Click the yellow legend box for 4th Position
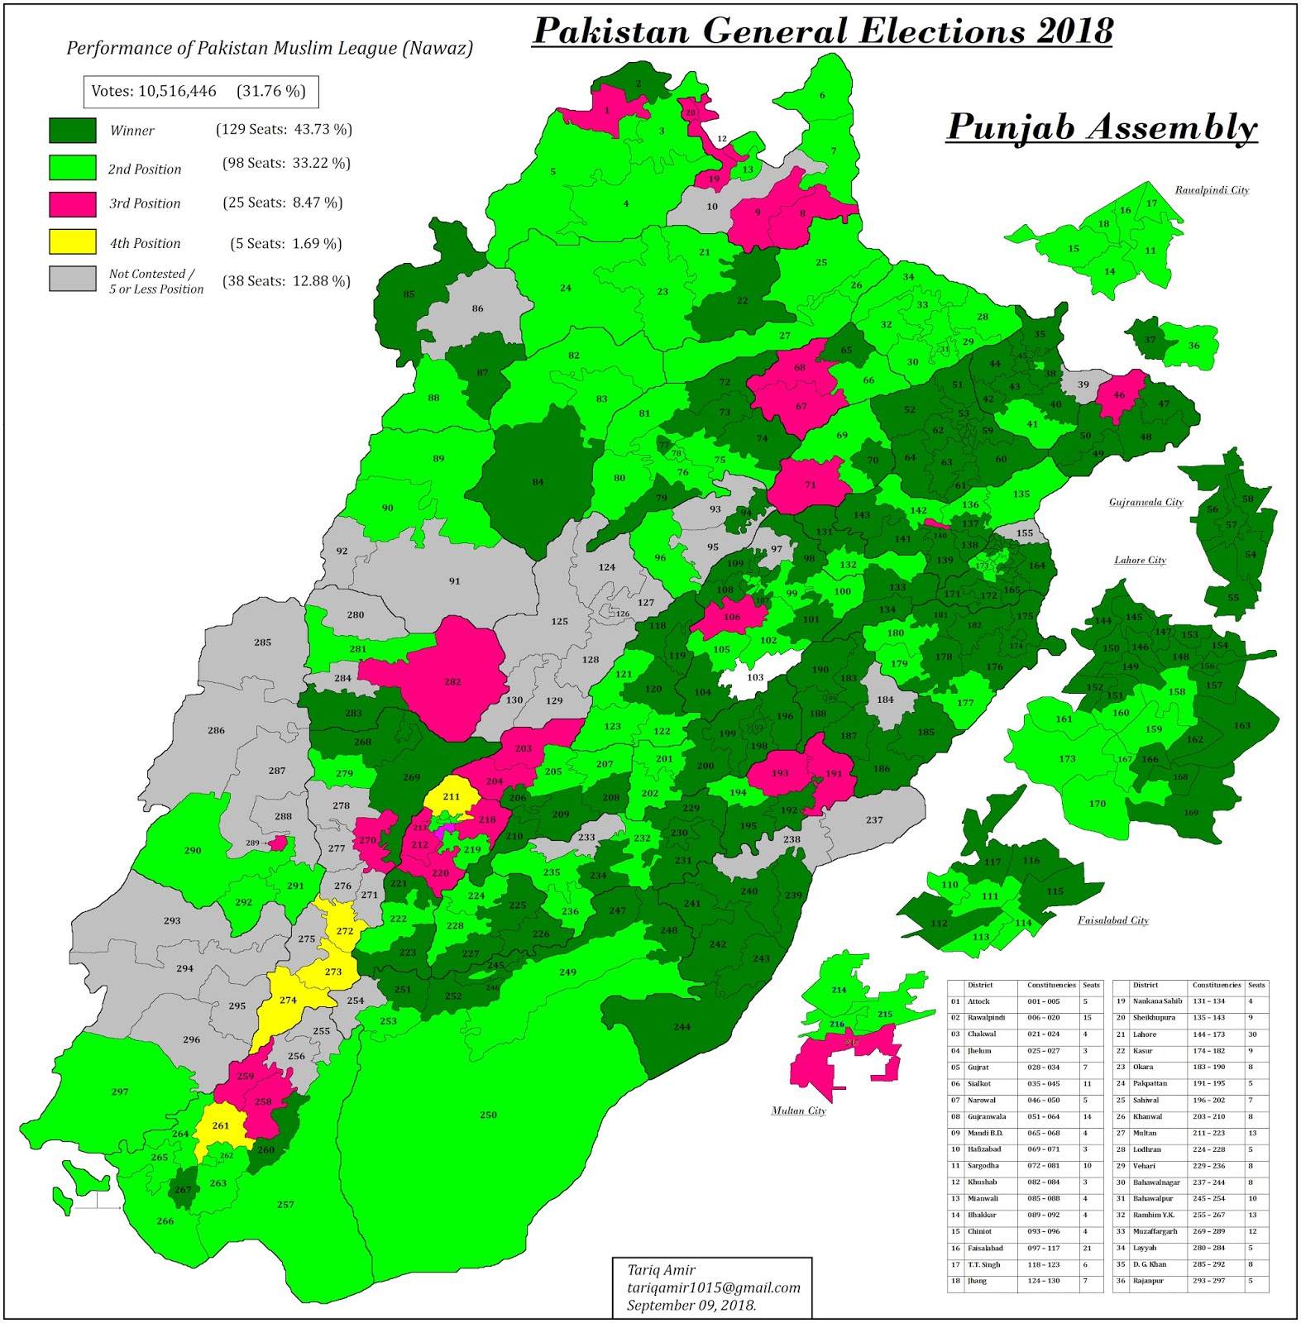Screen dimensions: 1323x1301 (x=72, y=241)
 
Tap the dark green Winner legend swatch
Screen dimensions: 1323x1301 (x=72, y=130)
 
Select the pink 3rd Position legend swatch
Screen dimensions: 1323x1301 (x=72, y=203)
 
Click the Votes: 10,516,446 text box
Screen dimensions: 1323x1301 (x=200, y=92)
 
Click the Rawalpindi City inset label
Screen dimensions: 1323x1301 (x=1212, y=190)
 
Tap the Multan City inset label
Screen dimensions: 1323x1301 (x=798, y=1110)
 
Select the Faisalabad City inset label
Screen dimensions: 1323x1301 (x=1112, y=920)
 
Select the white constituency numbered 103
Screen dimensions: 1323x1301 (x=754, y=677)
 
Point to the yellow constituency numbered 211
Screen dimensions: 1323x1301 (x=451, y=797)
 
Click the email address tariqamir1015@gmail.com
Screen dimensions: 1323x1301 (x=713, y=1287)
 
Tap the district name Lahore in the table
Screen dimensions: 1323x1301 (x=1145, y=1034)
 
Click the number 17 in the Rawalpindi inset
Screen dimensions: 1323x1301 (x=1151, y=203)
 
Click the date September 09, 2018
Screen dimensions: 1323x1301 (x=691, y=1305)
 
